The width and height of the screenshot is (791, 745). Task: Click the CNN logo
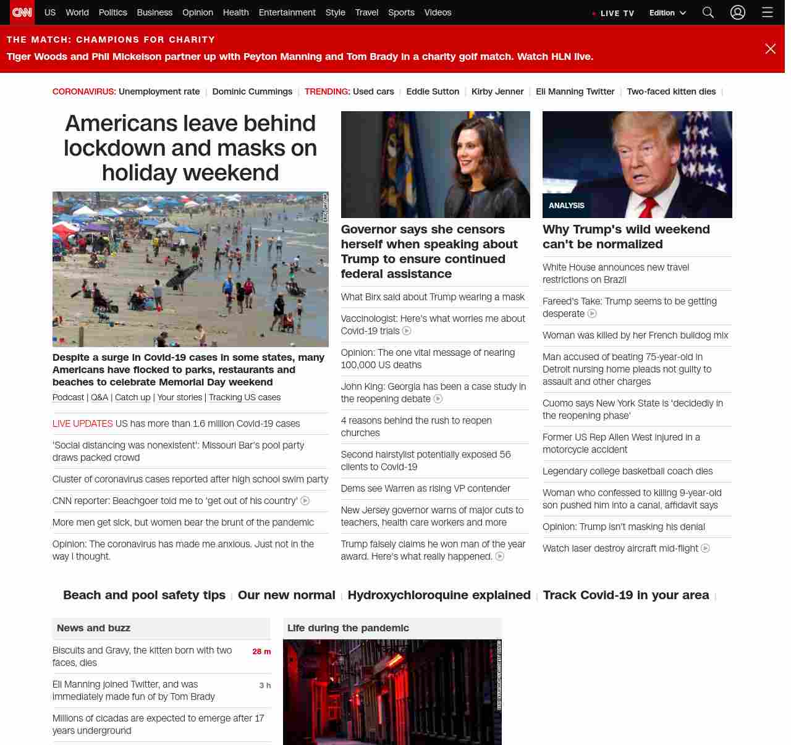22,12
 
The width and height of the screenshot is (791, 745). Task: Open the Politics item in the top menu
112,12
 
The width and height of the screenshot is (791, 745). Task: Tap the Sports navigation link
401,12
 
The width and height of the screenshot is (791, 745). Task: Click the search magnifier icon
708,12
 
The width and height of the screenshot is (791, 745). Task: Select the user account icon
738,12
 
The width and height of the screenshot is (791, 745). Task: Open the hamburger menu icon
768,12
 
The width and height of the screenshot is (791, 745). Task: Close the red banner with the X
770,49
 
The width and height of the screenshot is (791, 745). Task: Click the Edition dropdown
667,13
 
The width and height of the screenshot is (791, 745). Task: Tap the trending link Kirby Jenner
497,91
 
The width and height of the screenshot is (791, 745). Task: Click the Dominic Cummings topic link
252,91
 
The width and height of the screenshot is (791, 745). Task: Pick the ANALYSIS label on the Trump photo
567,206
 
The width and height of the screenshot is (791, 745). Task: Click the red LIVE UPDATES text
83,424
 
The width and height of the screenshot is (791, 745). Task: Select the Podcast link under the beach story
68,397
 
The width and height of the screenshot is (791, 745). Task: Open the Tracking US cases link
245,397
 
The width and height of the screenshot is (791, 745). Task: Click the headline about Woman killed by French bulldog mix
635,335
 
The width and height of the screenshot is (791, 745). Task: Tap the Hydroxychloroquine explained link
439,595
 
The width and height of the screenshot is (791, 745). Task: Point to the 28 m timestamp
261,652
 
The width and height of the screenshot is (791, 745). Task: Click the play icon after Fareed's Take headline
592,314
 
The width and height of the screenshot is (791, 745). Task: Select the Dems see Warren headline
425,489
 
